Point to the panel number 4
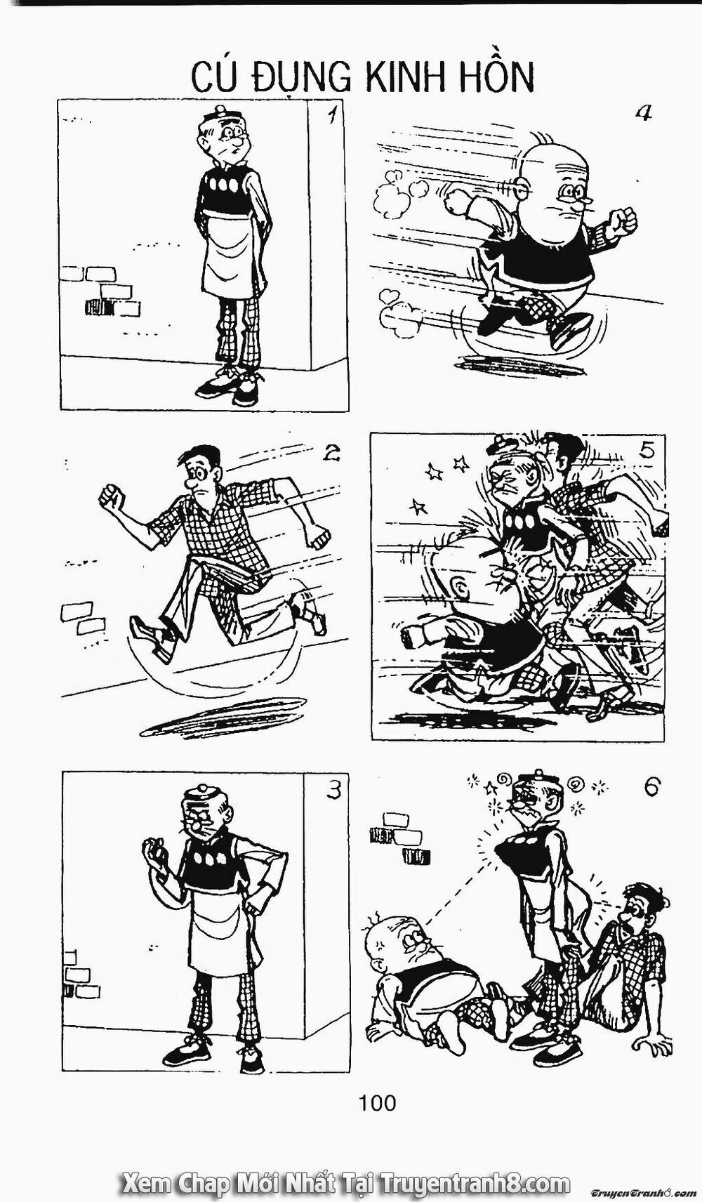(x=642, y=113)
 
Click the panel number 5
(x=647, y=451)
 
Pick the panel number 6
(x=650, y=788)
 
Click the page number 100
(x=378, y=1103)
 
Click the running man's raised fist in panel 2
(x=112, y=497)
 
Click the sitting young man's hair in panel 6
(x=644, y=897)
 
